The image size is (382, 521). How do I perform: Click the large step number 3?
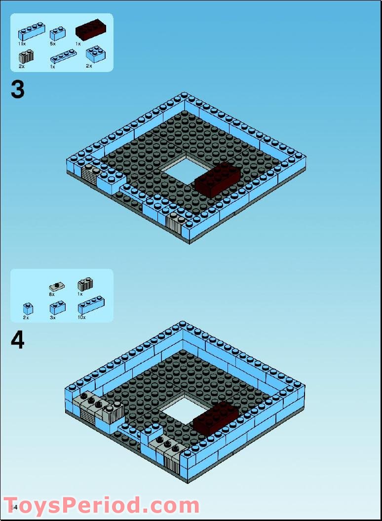click(17, 90)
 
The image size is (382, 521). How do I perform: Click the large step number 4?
click(17, 340)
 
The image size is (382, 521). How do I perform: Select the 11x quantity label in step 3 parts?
click(22, 44)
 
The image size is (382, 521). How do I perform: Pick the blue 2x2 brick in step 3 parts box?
click(95, 54)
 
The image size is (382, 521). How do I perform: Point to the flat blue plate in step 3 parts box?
click(63, 56)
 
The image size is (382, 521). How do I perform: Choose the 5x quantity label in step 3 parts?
click(52, 44)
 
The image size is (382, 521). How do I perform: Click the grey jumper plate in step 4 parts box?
click(57, 286)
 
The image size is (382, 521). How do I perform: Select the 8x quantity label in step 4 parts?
click(52, 294)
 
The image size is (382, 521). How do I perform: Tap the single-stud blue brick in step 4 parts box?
click(28, 309)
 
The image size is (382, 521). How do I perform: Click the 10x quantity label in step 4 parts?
click(81, 317)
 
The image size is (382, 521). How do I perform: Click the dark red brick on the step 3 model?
click(218, 180)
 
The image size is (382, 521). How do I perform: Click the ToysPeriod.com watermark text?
click(102, 506)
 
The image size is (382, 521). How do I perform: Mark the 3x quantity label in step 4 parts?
click(52, 317)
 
